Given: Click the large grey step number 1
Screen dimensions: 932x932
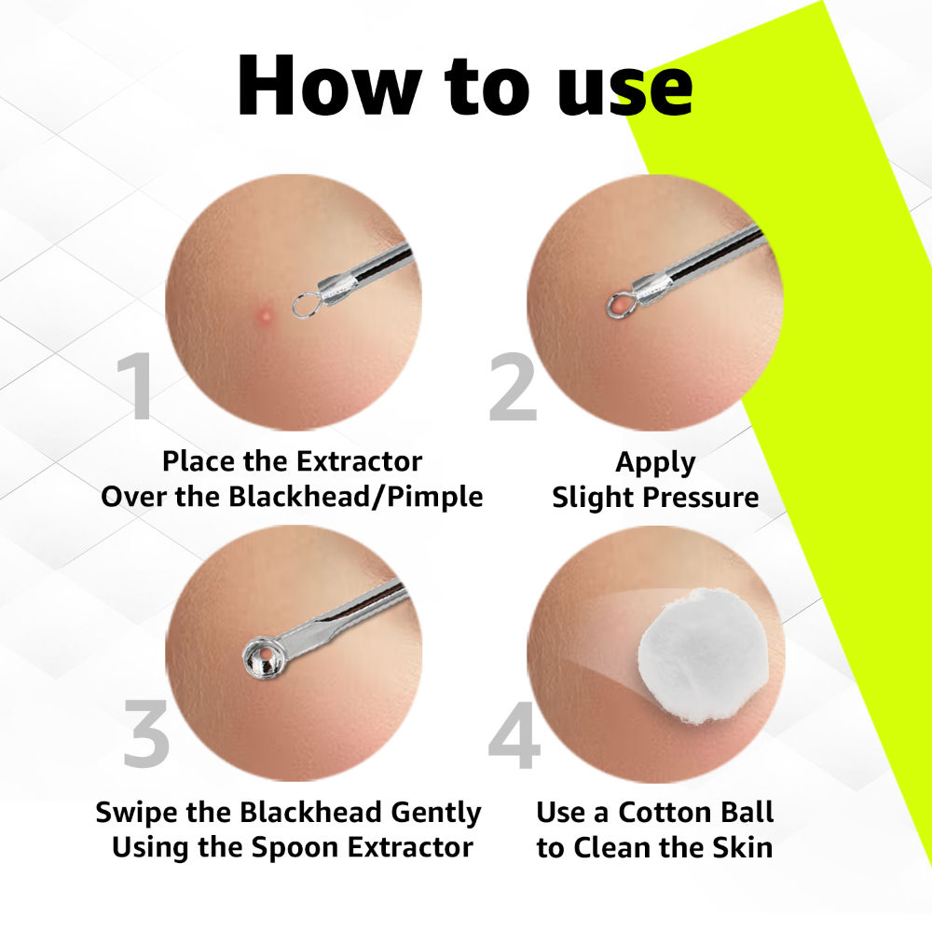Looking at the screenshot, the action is point(136,386).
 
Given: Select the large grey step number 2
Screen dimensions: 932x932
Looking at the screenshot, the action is point(513,386).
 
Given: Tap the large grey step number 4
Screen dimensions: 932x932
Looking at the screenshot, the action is point(514,734).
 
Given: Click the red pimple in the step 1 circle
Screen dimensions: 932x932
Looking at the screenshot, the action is point(264,312).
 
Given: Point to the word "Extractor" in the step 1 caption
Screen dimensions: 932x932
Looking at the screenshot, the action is point(359,461).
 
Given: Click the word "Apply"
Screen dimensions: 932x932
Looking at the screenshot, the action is point(655,463).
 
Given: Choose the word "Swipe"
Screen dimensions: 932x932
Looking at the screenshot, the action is point(137,813).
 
